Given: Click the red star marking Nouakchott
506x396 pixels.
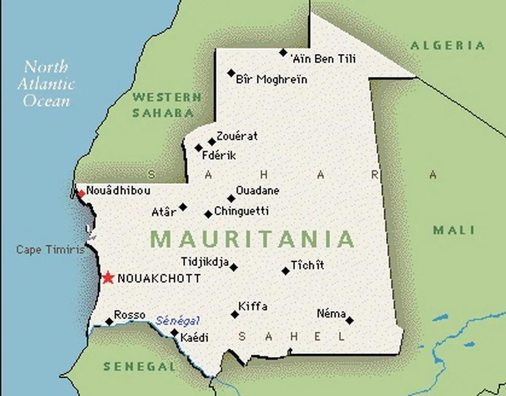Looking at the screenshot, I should coord(108,278).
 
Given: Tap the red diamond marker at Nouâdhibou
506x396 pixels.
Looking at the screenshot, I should coord(81,194).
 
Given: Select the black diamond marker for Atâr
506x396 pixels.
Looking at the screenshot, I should coord(183,207).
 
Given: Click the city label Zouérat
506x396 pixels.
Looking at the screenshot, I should coord(237,137).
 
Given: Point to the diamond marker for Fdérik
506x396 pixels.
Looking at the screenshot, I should coord(199,148).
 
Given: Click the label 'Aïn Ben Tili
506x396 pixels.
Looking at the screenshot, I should coord(323,59).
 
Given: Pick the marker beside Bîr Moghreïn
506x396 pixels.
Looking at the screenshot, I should coord(231,73).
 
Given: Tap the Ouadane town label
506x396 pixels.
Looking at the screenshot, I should coord(257,191).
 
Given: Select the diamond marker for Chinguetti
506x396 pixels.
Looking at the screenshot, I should coord(208,214).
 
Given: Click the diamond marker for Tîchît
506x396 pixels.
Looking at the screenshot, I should coord(285,271).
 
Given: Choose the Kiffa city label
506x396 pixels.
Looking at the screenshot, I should coord(253,306).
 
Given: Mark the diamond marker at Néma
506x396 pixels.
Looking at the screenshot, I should coord(350,321).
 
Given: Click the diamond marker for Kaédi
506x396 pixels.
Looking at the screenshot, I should coord(175,332).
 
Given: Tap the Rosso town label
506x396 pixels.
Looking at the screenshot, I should coord(129,315).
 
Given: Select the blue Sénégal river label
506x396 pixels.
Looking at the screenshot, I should coord(178,321).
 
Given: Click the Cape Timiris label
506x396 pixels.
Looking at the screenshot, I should coord(50,250).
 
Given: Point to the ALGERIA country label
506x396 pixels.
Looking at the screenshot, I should coord(447,46).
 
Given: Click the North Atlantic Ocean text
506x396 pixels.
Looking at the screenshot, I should coord(46,84).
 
